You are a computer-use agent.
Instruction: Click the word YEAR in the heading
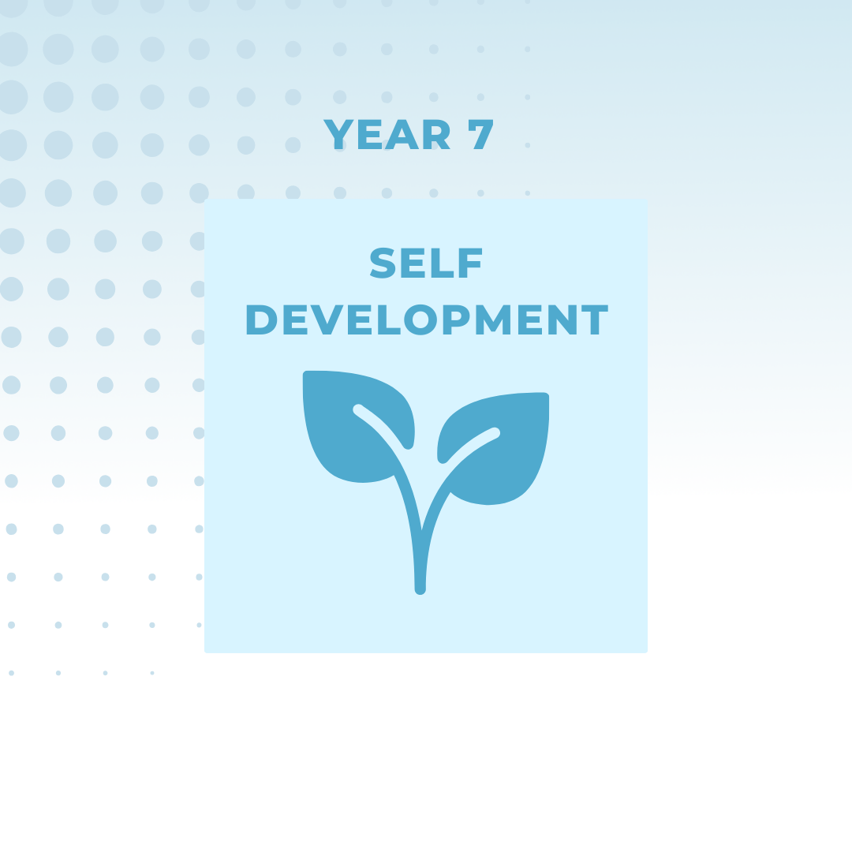pos(387,136)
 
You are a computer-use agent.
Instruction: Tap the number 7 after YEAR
pos(481,136)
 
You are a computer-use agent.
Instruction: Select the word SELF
pos(426,263)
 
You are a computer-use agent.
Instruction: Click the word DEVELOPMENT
pos(426,321)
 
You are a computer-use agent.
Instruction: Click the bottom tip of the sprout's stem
pos(420,588)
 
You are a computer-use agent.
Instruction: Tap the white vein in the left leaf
pos(383,426)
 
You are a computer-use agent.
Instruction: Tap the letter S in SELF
pos(383,263)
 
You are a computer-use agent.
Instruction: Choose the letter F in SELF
pos(471,263)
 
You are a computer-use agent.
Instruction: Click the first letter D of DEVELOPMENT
pos(260,321)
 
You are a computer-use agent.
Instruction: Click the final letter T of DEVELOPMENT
pos(594,321)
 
